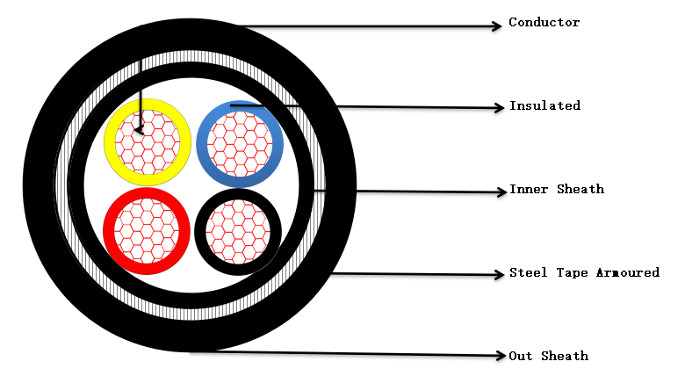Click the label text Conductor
click(544, 22)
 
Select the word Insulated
click(544, 105)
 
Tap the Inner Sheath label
click(557, 189)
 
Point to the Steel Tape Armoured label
click(584, 272)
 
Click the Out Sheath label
click(549, 356)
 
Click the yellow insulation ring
click(110, 141)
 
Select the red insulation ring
click(109, 231)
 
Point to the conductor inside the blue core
click(240, 141)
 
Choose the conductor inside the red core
click(147, 231)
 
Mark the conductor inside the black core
click(238, 232)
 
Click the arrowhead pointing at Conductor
click(496, 26)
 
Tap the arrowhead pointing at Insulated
click(497, 108)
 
